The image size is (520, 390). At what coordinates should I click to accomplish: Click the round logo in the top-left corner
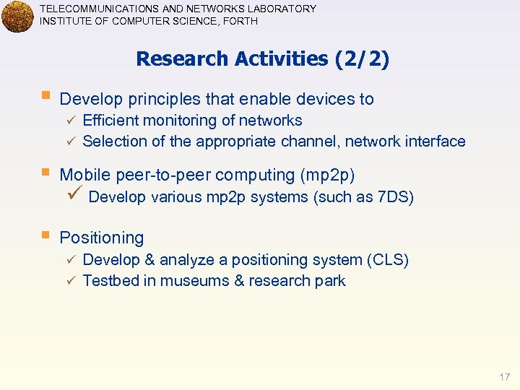[17, 17]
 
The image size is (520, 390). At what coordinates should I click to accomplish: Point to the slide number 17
[504, 377]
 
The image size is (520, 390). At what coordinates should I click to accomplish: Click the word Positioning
[102, 238]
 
